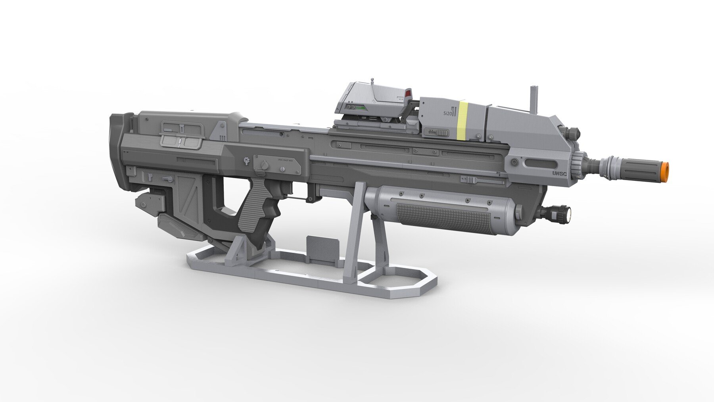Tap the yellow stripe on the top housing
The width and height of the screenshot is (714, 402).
point(463,121)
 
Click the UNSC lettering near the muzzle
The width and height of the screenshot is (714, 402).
point(559,173)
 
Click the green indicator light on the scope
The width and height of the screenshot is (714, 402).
point(360,107)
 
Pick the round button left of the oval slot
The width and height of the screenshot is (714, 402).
point(514,162)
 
